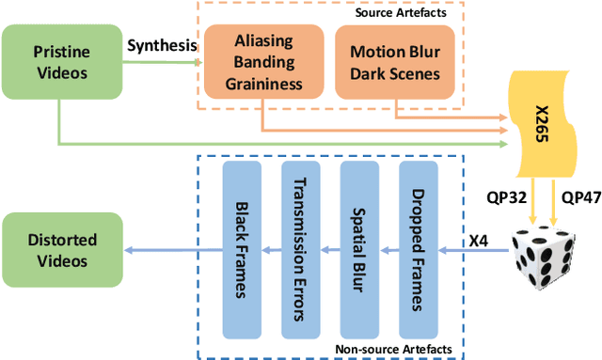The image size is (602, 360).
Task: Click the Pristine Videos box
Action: tap(62, 62)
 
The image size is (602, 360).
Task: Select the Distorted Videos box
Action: tap(62, 249)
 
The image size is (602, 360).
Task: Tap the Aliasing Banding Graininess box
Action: tap(263, 62)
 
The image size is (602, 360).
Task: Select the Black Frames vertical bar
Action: tap(242, 250)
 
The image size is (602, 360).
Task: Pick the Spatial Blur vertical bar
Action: tap(359, 250)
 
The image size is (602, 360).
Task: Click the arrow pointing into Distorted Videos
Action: tap(173, 250)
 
